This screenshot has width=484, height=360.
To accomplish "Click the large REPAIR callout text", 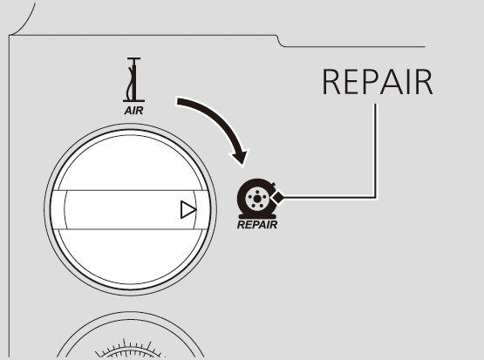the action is [378, 82].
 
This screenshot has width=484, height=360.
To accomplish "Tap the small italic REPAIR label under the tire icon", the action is [257, 225].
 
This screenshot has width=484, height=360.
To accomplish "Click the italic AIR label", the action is [133, 111].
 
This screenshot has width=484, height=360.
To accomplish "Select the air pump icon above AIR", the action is [133, 79].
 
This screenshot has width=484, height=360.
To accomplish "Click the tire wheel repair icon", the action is [257, 199].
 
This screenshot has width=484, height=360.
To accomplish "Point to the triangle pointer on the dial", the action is [188, 210].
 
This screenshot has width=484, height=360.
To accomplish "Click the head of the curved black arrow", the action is [240, 156].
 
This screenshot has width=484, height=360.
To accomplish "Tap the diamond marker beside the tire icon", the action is [277, 197].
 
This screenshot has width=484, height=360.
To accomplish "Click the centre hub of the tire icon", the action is [256, 200].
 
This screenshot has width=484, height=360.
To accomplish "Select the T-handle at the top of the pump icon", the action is [134, 58].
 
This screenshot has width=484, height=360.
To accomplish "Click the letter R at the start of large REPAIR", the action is [331, 82].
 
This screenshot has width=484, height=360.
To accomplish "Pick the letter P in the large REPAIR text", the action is [371, 82].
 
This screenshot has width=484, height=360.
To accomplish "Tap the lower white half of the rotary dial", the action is [130, 256].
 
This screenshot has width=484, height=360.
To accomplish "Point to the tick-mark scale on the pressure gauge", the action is [130, 350].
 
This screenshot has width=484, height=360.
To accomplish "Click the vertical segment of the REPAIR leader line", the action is [375, 150].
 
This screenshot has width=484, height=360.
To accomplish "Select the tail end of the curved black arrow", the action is [177, 101].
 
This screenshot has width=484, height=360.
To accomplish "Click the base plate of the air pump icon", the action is [133, 101].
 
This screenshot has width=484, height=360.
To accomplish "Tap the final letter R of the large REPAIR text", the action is [425, 82].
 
